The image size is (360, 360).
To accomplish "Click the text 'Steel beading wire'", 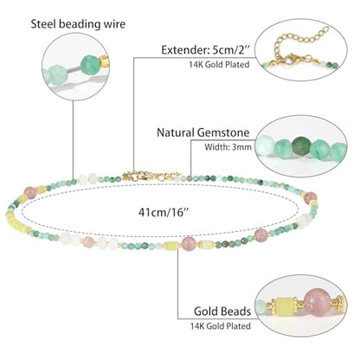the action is pyautogui.click(x=78, y=24).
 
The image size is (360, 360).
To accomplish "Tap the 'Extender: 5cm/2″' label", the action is pyautogui.click(x=205, y=50).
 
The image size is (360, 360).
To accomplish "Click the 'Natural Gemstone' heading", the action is pyautogui.click(x=202, y=132).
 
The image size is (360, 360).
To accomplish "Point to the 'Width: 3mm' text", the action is pyautogui.click(x=228, y=147).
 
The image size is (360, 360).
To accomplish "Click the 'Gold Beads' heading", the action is pyautogui.click(x=222, y=312).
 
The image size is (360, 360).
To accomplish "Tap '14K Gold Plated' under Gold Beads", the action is pyautogui.click(x=220, y=326).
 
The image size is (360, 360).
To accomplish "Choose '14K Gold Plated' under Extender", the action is pyautogui.click(x=219, y=64).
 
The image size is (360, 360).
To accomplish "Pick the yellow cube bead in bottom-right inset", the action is pyautogui.click(x=284, y=307).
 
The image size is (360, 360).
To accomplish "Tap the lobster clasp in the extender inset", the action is pyautogui.click(x=292, y=59).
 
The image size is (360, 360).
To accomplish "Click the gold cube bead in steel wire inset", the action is pyautogui.click(x=104, y=62).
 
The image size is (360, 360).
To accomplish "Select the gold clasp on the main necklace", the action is pyautogui.click(x=135, y=176).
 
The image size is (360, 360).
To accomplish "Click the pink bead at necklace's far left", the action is pyautogui.click(x=30, y=193).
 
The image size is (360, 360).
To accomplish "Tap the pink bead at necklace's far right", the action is pyautogui.click(x=311, y=198).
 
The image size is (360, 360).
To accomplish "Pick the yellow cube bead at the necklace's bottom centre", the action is pyautogui.click(x=170, y=246).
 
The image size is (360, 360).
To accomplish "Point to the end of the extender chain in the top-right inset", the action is pyautogui.click(x=326, y=29).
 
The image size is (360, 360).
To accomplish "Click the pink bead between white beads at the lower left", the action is pyautogui.click(x=87, y=241).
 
